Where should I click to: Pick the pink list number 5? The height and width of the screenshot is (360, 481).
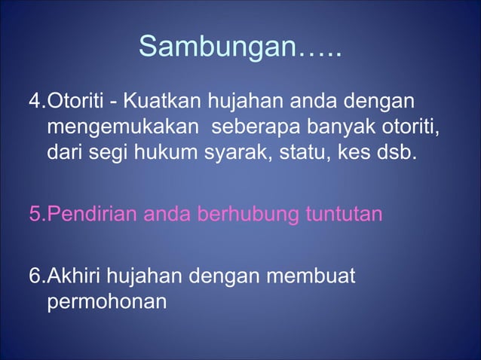tap(34, 215)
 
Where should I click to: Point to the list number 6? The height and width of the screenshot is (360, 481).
tap(34, 278)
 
